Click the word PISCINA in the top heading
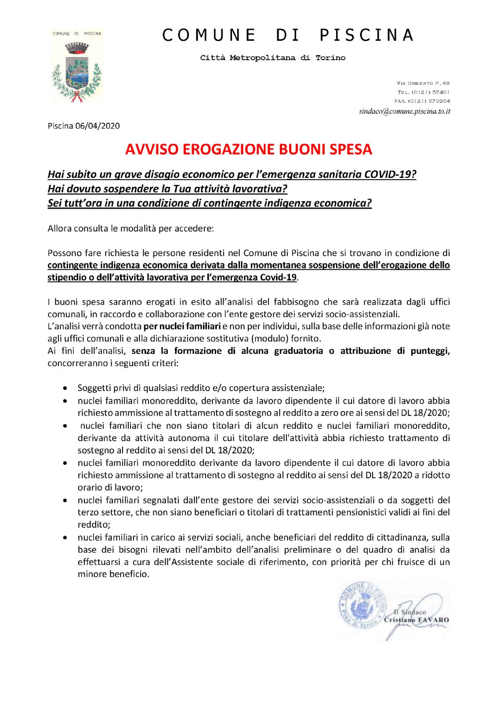point(366,35)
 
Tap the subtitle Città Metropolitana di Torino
point(272,58)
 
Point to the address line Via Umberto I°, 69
point(423,83)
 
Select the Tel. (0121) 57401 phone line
point(423,92)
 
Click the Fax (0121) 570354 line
point(422,101)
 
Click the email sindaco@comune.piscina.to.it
point(404,111)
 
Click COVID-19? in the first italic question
point(390,174)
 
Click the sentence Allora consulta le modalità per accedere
point(131,228)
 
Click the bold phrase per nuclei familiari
point(182,326)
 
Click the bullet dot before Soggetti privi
point(65,388)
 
